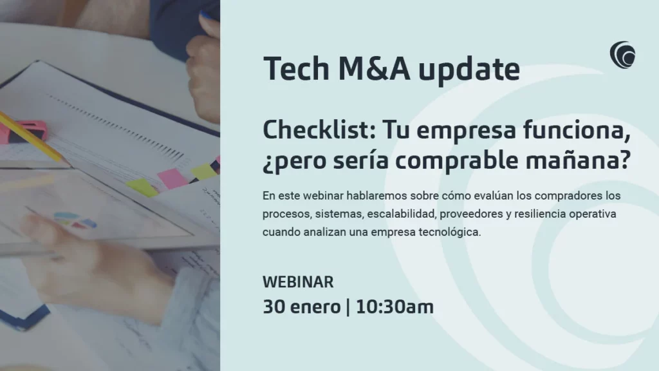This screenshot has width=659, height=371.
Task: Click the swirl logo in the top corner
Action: [622, 54]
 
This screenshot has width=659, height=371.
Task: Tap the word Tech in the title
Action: [292, 69]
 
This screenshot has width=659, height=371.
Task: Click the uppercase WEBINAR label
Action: [298, 282]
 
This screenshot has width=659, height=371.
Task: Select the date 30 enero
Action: [301, 307]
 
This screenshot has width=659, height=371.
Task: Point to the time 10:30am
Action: [394, 307]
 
